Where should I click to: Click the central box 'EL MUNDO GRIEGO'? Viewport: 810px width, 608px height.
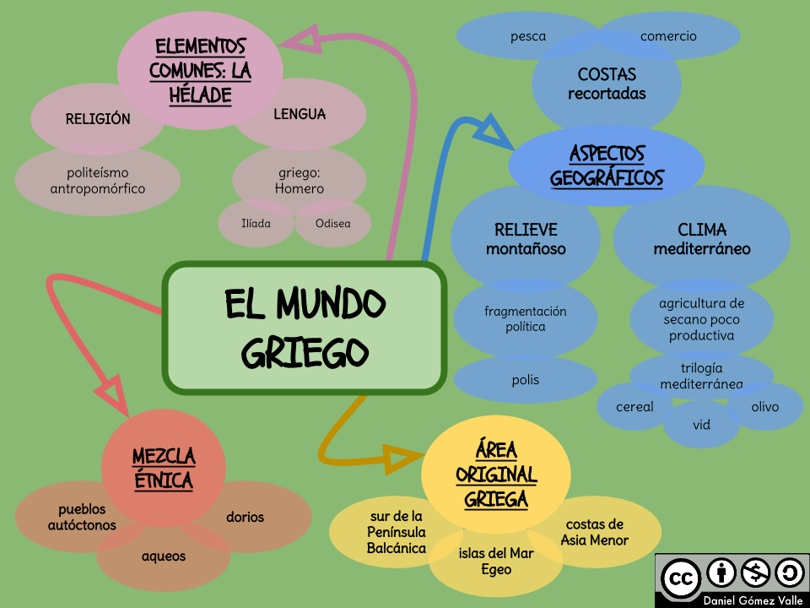[305, 327]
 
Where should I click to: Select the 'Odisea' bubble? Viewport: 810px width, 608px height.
[332, 224]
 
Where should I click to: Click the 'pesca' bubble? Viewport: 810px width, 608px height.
[528, 36]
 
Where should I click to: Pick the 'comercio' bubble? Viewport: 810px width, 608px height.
[668, 36]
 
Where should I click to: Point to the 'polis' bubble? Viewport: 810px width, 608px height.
[525, 380]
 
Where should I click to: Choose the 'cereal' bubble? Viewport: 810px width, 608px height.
[634, 407]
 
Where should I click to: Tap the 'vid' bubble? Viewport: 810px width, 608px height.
[701, 425]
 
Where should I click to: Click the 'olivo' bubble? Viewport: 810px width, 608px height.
[764, 407]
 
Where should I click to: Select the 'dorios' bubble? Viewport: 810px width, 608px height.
[246, 517]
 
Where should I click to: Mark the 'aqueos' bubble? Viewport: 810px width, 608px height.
[164, 556]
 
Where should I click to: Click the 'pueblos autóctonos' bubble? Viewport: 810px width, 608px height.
[82, 518]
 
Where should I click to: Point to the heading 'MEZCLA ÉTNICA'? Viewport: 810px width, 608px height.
[164, 469]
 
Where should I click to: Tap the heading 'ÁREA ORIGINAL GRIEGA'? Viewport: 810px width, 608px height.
[496, 474]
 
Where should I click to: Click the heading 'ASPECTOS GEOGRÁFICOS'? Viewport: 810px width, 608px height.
[607, 166]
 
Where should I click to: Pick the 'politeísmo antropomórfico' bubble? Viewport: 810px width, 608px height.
[98, 180]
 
